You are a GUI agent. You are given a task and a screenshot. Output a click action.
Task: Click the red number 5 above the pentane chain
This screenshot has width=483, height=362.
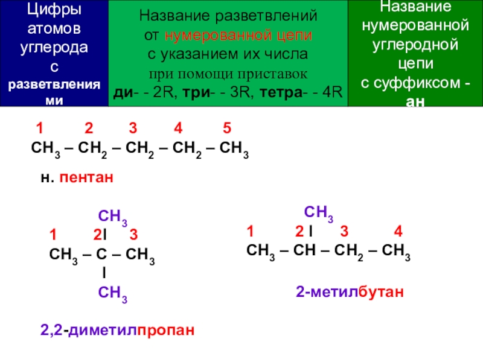pyautogui.click(x=226, y=129)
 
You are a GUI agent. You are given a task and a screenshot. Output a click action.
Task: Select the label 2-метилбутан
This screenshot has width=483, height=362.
pyautogui.click(x=348, y=293)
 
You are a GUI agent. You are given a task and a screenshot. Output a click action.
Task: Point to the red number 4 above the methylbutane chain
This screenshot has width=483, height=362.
pyautogui.click(x=398, y=232)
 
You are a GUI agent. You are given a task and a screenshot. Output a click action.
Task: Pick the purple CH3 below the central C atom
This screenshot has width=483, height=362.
pyautogui.click(x=112, y=294)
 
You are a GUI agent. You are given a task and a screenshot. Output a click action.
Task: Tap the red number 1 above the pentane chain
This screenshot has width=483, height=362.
pyautogui.click(x=39, y=129)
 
